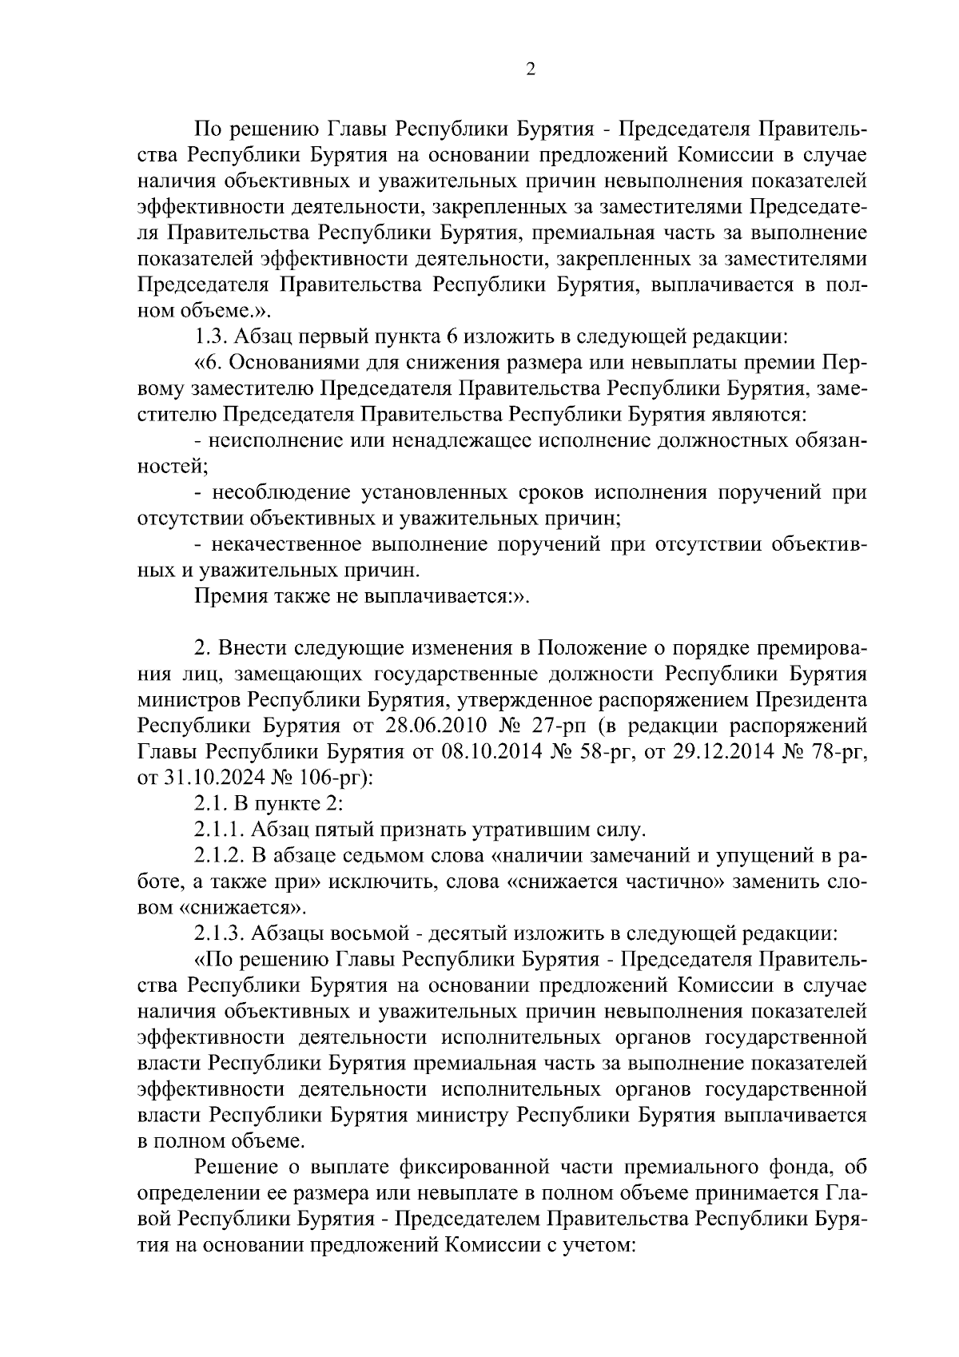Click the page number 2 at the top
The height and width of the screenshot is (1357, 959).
click(530, 69)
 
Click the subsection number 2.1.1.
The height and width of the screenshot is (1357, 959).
click(221, 830)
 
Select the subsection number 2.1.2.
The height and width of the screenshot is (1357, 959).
click(221, 856)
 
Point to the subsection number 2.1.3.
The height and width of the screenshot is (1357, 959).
click(221, 933)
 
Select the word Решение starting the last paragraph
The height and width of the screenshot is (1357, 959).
click(234, 1168)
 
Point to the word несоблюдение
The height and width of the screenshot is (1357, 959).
click(279, 493)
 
